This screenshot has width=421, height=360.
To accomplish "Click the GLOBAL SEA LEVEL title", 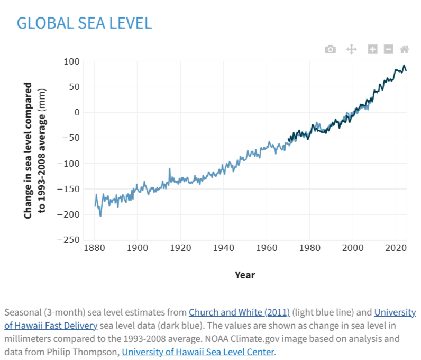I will coord(84,23).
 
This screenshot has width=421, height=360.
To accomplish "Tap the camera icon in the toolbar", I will coord(331,49).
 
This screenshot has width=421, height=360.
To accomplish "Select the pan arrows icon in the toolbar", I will coord(351,49).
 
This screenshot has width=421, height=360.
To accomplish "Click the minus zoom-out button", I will coord(389,49).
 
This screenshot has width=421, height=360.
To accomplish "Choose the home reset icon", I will coord(405,49).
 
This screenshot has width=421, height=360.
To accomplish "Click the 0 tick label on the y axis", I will coord(76,112).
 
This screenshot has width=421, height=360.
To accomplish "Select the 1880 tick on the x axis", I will coord(94,248).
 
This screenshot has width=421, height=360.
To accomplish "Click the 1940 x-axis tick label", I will coord(223,248).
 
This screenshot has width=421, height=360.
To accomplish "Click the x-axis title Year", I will coord(245,275).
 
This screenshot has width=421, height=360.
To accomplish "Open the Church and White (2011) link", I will coord(239,312).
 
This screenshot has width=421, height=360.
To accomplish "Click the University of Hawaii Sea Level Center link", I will coord(198,352).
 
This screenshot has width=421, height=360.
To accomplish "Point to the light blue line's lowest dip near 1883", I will coord(100,216).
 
